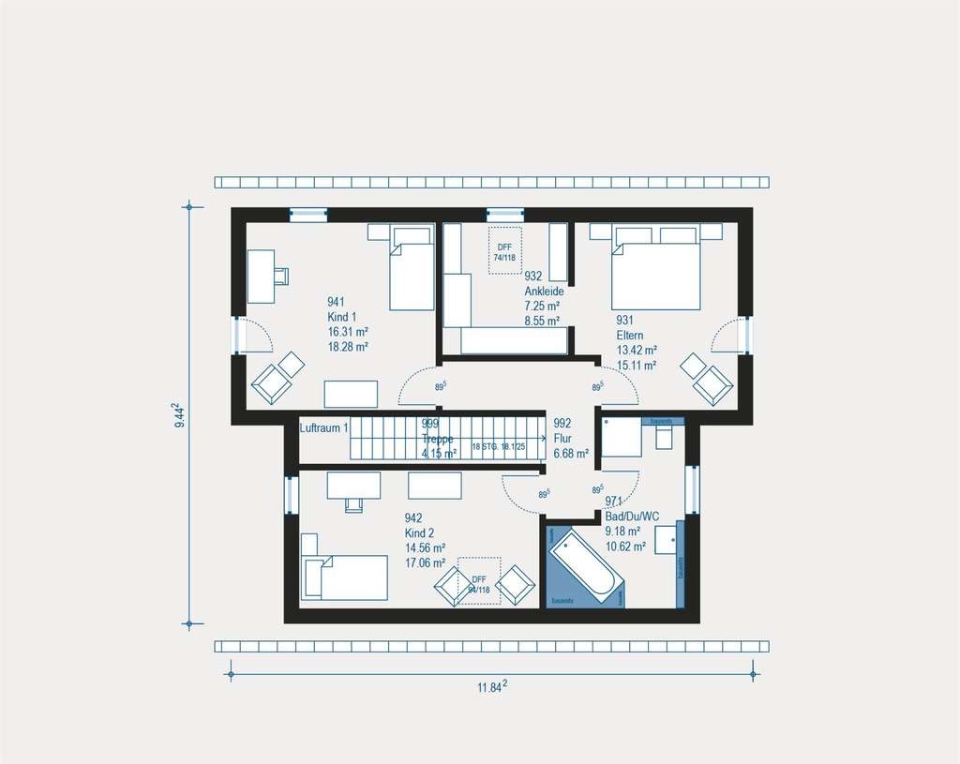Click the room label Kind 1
342,317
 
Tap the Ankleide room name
543,292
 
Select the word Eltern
630,335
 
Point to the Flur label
562,438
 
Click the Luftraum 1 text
324,428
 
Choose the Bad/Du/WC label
632,516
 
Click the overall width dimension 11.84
491,687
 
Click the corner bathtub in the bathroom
583,568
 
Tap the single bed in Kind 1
411,268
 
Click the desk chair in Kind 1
281,275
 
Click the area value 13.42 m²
636,351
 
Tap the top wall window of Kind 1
307,214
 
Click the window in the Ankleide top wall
504,214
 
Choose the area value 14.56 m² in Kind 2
425,548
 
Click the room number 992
562,423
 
